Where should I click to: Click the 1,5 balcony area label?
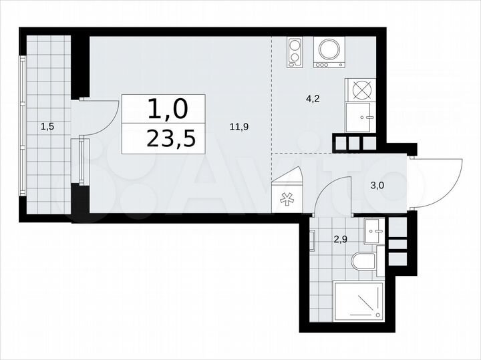point(47,125)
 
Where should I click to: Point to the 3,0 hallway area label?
point(377,186)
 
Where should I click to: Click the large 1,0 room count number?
point(164,108)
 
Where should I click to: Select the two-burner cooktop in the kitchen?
point(294,52)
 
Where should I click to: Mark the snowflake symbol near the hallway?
point(288,198)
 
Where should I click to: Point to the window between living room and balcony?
point(82,160)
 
